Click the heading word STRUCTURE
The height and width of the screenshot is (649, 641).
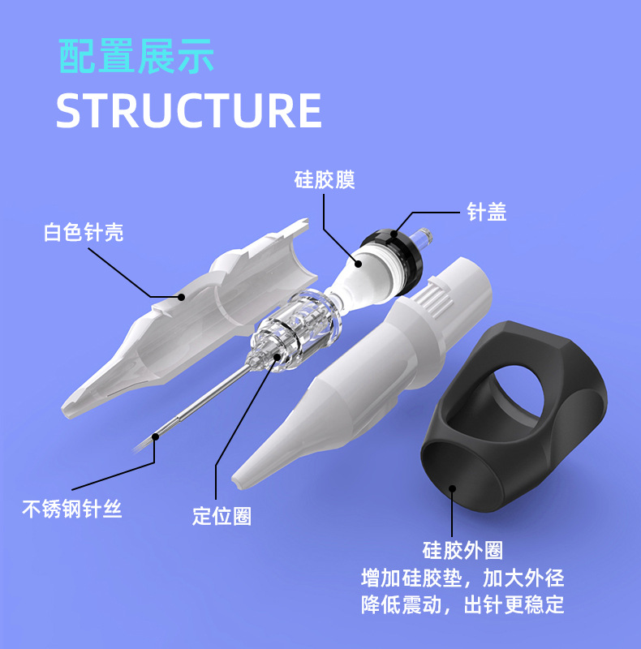(x=189, y=111)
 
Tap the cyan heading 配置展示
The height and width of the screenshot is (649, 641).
(x=136, y=56)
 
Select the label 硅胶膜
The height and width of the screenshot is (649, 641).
(x=325, y=179)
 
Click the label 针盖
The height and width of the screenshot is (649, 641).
(x=487, y=213)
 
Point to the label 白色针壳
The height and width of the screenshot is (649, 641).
(x=84, y=234)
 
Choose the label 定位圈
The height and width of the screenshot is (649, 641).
(x=222, y=516)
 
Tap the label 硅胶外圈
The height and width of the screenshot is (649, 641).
(x=463, y=551)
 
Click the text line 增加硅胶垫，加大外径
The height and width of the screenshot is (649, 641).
(x=462, y=578)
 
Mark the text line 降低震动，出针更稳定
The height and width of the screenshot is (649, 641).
(x=462, y=605)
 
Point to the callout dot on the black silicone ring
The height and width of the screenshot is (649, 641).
(x=452, y=489)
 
